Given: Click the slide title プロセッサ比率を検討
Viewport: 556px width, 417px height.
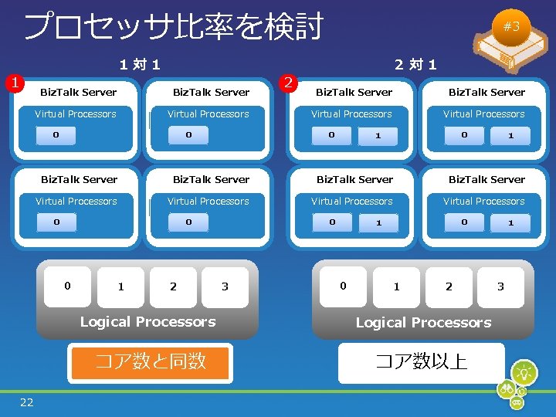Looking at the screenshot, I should (x=173, y=26).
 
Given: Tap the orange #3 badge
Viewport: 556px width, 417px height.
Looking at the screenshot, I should (x=511, y=26).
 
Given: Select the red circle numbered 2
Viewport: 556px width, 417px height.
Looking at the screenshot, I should (x=288, y=82).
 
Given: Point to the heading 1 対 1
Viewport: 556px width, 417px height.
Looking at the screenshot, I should (x=140, y=65).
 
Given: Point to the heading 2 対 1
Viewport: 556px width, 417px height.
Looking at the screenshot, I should (x=415, y=65).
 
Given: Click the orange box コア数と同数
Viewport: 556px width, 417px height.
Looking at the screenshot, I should (x=151, y=361).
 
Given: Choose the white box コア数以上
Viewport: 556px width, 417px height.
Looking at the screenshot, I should (x=421, y=361).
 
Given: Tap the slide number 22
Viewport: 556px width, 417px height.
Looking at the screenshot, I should (x=27, y=402).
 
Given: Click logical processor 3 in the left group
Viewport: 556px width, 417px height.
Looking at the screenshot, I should (x=225, y=286).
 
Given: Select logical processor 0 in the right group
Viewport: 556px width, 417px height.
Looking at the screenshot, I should (x=343, y=286).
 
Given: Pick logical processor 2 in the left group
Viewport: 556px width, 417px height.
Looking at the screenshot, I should (x=173, y=286).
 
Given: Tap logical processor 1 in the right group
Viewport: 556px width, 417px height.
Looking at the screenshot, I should (x=396, y=286).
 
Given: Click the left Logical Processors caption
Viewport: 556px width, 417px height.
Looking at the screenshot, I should (x=147, y=322).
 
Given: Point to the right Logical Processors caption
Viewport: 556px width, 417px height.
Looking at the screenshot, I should (x=423, y=323).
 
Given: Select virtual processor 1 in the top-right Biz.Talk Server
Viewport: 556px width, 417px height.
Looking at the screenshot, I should (x=510, y=135).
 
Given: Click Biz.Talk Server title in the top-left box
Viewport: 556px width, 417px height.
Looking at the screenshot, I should (x=79, y=92).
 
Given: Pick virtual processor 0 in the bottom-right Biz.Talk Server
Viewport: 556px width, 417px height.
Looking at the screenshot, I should (x=464, y=222).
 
